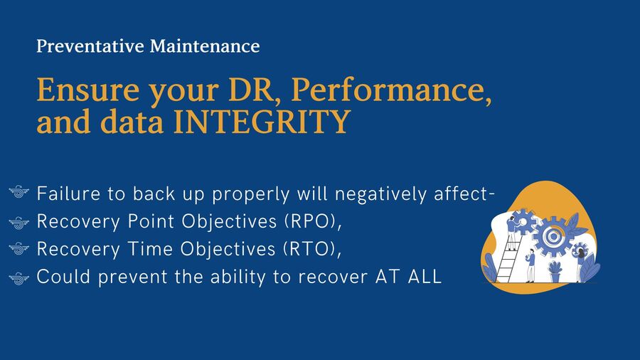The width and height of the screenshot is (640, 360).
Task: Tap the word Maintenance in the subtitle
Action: [x=205, y=46]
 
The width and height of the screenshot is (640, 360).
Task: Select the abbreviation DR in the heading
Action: [x=250, y=90]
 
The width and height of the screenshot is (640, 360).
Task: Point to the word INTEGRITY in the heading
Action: [x=262, y=122]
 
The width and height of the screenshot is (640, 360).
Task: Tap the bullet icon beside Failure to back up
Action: [x=18, y=191]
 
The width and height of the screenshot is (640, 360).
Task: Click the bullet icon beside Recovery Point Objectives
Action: [x=18, y=223]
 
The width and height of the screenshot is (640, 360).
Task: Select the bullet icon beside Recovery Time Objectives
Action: [x=18, y=248]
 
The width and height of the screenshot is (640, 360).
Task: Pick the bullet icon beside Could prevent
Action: [x=18, y=278]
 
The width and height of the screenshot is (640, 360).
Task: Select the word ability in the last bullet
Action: [x=238, y=277]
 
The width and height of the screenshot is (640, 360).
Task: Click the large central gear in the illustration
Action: [x=553, y=236]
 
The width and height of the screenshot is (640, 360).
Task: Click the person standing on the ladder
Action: [x=511, y=233]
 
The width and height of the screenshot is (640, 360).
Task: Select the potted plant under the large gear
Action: [x=555, y=272]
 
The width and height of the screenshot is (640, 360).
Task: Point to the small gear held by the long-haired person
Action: [x=579, y=250]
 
